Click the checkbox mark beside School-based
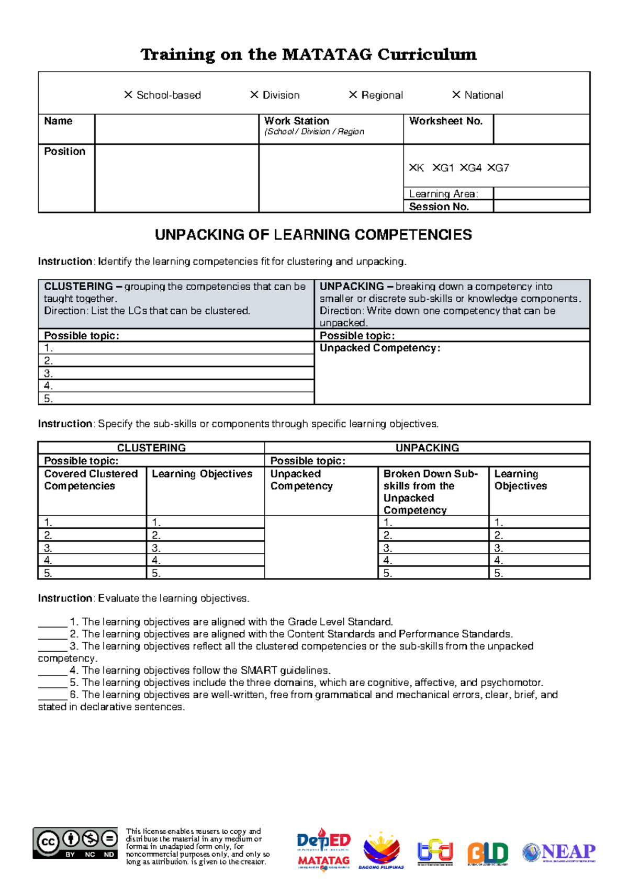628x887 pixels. [x=128, y=95]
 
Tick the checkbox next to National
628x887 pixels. [x=456, y=95]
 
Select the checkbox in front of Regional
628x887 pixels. [x=353, y=95]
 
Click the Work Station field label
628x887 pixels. [x=296, y=121]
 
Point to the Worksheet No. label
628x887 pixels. [x=445, y=121]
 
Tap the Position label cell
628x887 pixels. [x=64, y=151]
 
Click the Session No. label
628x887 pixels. [x=439, y=207]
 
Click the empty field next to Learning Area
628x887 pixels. [x=541, y=193]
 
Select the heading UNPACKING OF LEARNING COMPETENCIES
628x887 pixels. [x=313, y=235]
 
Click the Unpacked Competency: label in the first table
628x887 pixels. [x=380, y=348]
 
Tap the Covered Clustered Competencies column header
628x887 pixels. [x=91, y=480]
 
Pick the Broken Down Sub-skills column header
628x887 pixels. [x=430, y=492]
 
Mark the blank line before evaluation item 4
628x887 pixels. [x=52, y=671]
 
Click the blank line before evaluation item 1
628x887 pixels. [x=52, y=622]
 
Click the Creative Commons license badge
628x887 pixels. [x=75, y=843]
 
